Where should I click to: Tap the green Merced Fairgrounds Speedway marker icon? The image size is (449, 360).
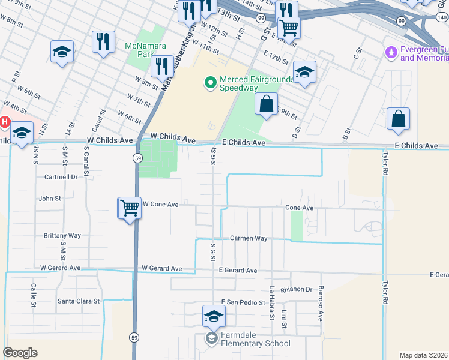pos(210,83)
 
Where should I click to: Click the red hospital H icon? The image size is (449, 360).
pos(5,122)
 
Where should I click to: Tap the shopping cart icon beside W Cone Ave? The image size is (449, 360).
pos(130,209)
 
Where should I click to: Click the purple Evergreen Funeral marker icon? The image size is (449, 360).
pos(391,53)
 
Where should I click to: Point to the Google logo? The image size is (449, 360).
pos(20,353)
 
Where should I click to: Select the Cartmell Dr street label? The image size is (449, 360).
pos(61,177)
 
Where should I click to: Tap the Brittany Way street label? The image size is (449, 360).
pos(62,236)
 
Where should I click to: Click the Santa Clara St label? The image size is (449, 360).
pos(78,301)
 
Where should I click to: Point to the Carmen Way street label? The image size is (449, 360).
pos(249,238)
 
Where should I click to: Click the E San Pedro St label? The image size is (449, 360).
pos(243,302)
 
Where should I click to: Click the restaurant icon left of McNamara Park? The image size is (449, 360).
pos(104,42)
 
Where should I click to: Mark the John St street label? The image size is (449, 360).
pos(49,198)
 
